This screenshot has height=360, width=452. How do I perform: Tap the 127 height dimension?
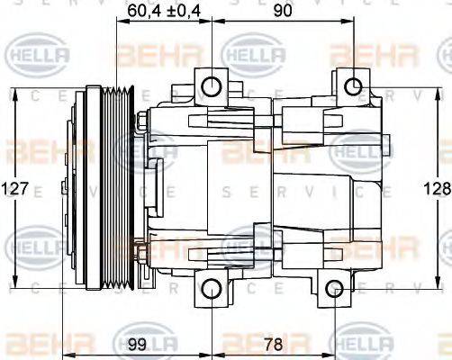pos(17,190)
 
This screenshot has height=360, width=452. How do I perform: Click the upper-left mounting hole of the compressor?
pos(211,86)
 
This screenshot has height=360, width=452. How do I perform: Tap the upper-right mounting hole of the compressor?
pos(354,86)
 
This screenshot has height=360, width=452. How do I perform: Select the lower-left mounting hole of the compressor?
pos(211,289)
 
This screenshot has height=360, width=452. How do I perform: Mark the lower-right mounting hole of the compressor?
pos(334,289)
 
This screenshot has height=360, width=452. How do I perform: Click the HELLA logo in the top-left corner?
pos(38,56)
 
